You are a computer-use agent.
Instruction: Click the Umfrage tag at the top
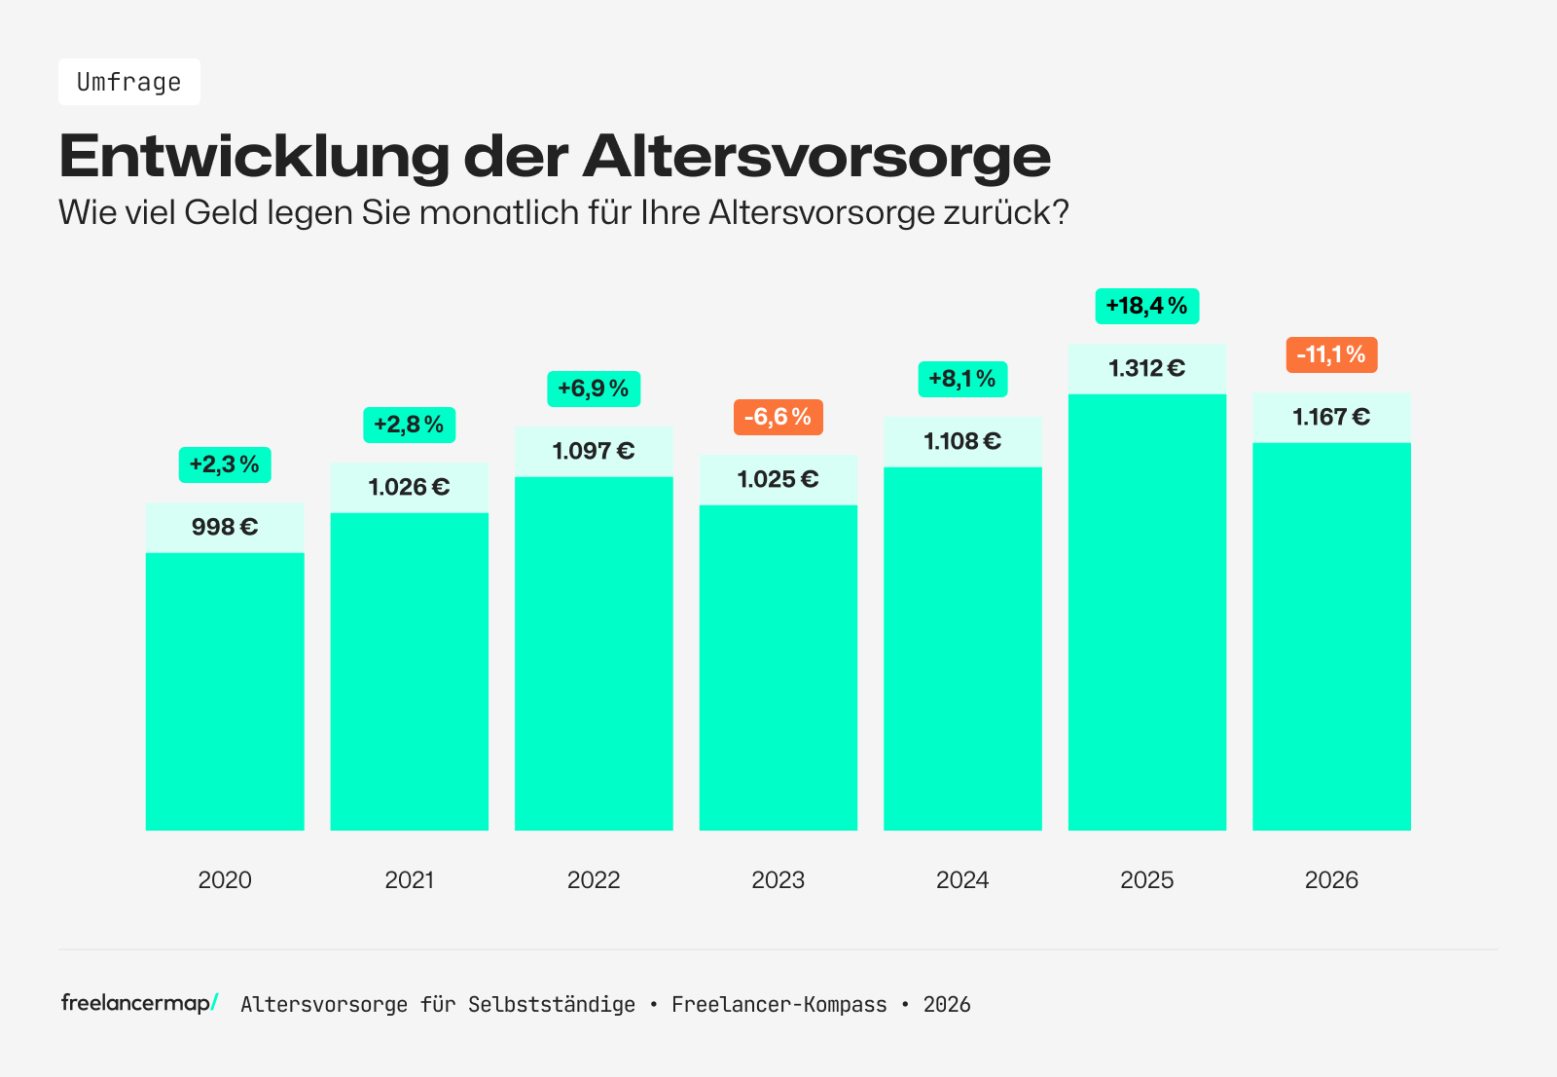point(129,82)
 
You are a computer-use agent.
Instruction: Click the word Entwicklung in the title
point(254,156)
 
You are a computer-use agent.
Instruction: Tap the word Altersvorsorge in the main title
point(816,156)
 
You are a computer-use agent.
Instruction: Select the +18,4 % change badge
point(1146,306)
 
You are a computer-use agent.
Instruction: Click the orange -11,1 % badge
point(1331,354)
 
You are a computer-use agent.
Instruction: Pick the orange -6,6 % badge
point(778,417)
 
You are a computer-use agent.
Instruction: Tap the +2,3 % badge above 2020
point(225,464)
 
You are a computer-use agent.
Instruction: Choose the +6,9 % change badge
point(594,389)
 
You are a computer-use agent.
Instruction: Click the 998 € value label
point(225,527)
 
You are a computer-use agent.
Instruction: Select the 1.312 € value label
point(1146,368)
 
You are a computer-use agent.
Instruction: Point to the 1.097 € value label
point(594,451)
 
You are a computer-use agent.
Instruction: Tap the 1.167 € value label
point(1331,417)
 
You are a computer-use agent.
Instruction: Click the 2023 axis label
point(778,880)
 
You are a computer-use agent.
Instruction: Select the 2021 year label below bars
point(409,880)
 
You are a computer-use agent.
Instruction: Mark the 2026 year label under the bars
point(1331,880)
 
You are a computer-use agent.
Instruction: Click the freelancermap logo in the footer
point(139,1003)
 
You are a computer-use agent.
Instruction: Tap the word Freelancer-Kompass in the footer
point(778,1005)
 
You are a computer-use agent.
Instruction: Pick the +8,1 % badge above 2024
point(962,379)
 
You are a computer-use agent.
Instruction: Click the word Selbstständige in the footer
point(551,1005)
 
